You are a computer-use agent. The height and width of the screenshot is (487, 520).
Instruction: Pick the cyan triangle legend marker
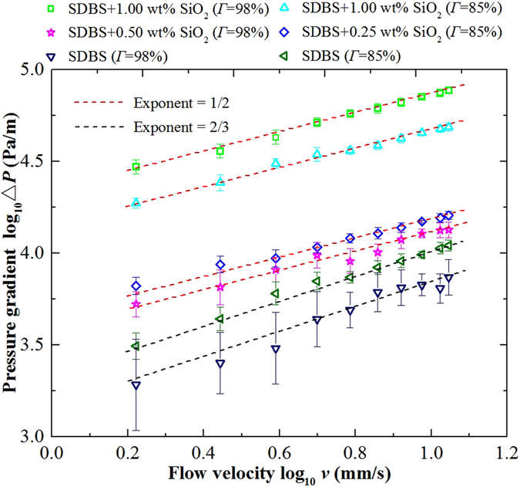coord(281,12)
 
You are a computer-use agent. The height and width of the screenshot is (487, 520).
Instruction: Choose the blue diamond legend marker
coord(281,34)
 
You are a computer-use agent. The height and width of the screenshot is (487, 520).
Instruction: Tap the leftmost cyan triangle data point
coord(136,202)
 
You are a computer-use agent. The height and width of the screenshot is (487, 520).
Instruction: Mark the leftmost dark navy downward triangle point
coord(136,385)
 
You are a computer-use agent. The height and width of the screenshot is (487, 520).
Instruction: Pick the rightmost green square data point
coord(448,90)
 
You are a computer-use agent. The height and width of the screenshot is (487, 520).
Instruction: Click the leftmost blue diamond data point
coord(136,286)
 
